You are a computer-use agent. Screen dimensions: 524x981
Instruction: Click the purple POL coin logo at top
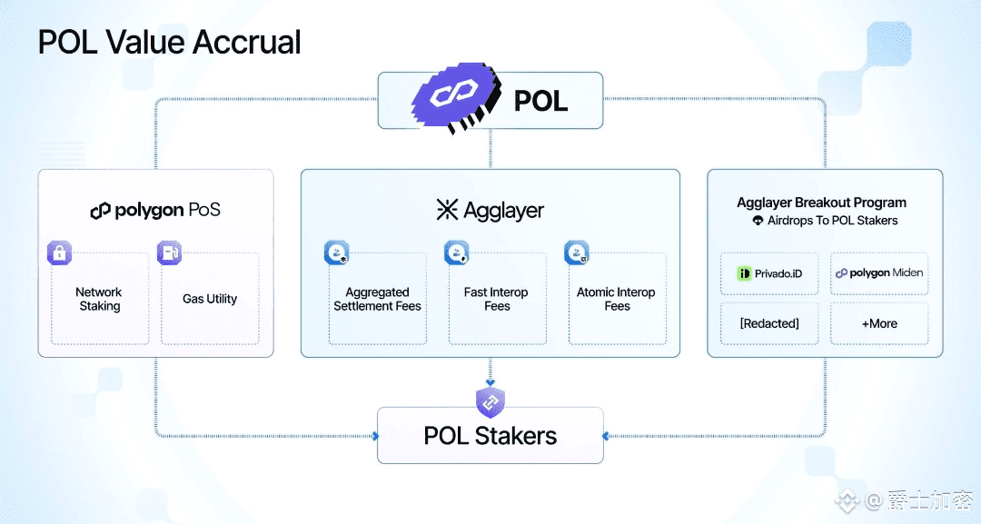coord(455,99)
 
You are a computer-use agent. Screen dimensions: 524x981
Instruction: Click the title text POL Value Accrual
coord(169,42)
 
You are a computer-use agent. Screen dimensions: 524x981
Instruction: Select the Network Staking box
coord(99,300)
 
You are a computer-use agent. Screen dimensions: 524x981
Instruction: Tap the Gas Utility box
coord(210,300)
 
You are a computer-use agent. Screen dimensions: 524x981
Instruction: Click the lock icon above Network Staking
coord(59,253)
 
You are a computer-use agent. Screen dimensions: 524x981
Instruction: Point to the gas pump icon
coord(169,253)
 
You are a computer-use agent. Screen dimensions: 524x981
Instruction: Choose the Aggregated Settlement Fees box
coord(377,300)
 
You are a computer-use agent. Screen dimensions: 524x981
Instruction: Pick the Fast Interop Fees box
coord(496,300)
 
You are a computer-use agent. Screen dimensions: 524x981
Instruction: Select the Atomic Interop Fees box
coord(617,300)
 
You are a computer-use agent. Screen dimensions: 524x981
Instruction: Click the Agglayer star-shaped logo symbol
coord(448,211)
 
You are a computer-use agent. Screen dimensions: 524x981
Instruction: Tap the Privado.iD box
coord(769,273)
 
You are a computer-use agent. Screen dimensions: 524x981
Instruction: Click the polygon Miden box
coord(878,273)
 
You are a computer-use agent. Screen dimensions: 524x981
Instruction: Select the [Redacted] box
coord(769,323)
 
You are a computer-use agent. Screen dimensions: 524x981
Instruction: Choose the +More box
coord(878,323)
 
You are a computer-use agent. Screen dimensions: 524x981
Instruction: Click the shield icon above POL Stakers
coord(490,400)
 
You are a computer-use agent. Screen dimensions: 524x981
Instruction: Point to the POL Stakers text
coord(490,436)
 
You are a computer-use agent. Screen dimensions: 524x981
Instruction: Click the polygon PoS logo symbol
coord(100,211)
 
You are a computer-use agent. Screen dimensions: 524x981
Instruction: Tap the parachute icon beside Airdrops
coord(758,221)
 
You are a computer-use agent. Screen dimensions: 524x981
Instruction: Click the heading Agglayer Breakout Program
coord(821,203)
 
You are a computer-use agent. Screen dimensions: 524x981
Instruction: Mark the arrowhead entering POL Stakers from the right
coord(607,436)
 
